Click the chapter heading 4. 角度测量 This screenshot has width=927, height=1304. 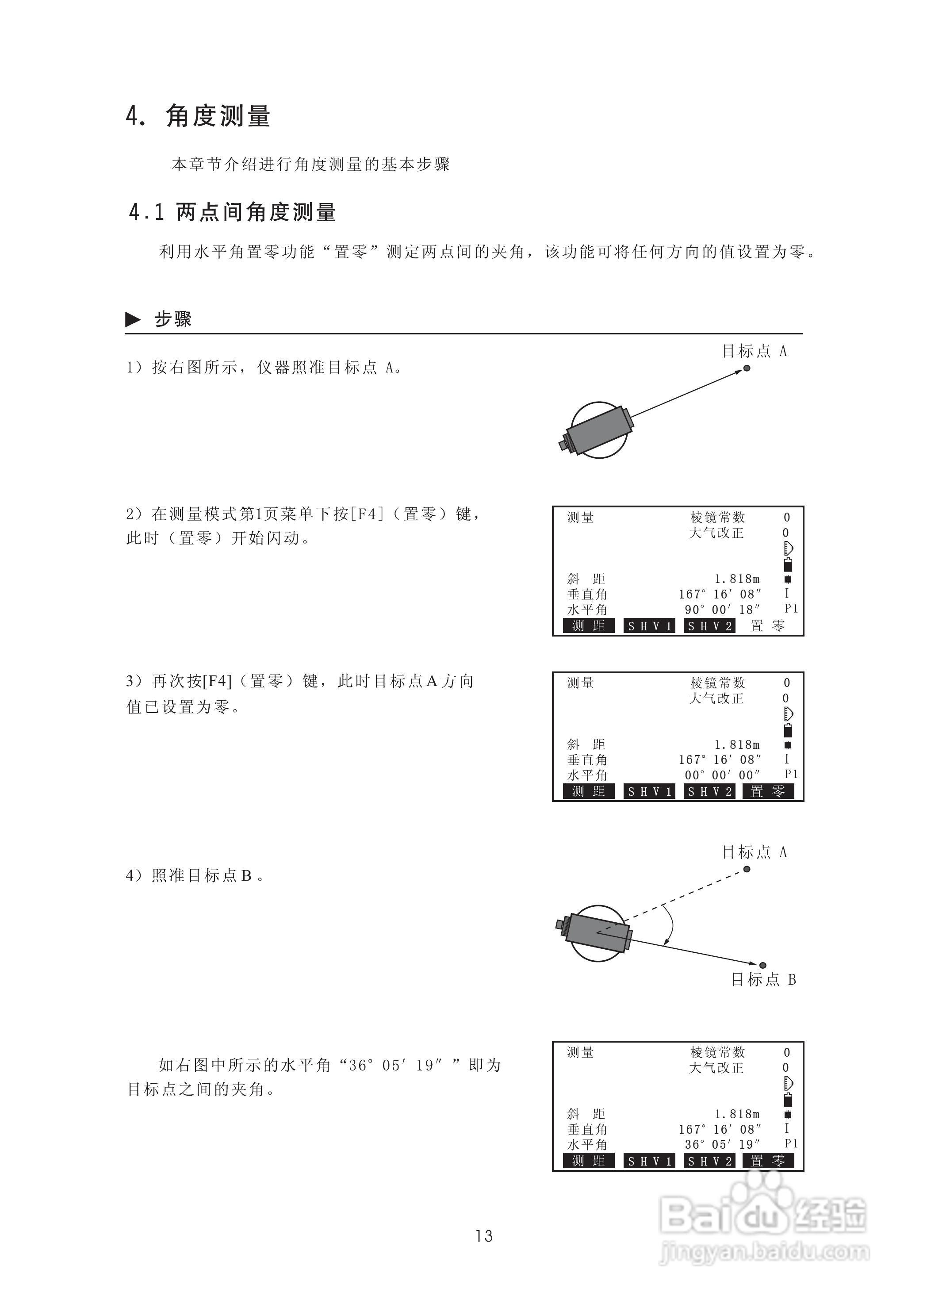(x=198, y=116)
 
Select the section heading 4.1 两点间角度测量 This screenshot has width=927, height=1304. (x=232, y=212)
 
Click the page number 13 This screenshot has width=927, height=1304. (x=483, y=1236)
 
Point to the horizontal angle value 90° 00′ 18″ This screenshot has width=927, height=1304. (x=723, y=610)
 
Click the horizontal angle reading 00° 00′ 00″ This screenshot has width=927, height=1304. (x=723, y=775)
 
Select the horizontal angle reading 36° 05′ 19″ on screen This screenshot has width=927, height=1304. (x=723, y=1145)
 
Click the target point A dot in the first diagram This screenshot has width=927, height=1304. (x=747, y=368)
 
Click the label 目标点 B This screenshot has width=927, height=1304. (x=764, y=980)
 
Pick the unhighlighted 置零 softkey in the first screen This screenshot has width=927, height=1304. (x=768, y=626)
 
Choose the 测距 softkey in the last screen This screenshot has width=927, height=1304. (x=589, y=1161)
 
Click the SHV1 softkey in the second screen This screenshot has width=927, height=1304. (x=649, y=791)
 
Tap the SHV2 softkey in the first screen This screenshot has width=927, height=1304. (x=709, y=626)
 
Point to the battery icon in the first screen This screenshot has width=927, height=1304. (x=788, y=565)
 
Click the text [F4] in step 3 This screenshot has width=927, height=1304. (x=217, y=681)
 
